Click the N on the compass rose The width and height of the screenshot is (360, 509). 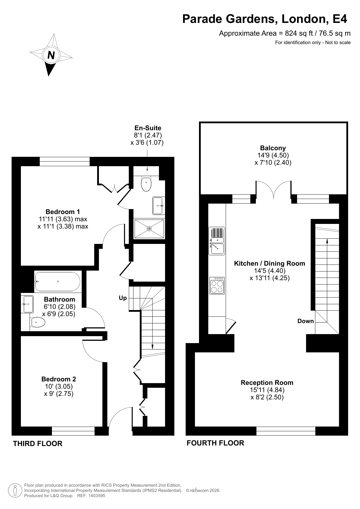(x=51, y=55)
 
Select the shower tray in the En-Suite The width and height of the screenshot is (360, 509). (x=149, y=229)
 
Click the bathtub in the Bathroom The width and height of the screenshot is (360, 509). (x=58, y=281)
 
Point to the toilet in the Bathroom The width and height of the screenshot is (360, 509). (x=38, y=322)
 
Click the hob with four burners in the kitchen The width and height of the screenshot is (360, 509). (x=217, y=285)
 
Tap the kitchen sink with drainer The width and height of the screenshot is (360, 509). (x=217, y=241)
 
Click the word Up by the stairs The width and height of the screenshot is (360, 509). (x=123, y=298)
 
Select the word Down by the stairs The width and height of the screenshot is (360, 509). (x=305, y=321)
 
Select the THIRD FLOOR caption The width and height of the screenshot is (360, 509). (x=38, y=443)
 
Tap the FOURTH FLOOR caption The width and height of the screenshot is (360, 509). (x=215, y=443)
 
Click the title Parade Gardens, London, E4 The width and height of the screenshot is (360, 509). (x=265, y=19)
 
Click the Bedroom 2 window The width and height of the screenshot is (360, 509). (x=73, y=431)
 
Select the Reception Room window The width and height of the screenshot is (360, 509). (x=286, y=431)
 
